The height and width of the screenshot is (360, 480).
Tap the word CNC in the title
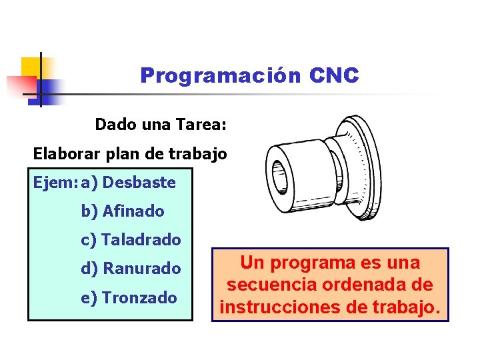coord(334,76)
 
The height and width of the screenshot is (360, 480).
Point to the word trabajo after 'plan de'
coord(199,153)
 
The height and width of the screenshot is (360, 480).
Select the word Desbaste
coord(139,182)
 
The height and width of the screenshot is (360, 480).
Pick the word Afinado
coord(133,211)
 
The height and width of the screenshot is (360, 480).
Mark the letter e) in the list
coord(89,297)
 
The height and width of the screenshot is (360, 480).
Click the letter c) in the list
coord(89,239)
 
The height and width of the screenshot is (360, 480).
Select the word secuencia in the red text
coord(267,285)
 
